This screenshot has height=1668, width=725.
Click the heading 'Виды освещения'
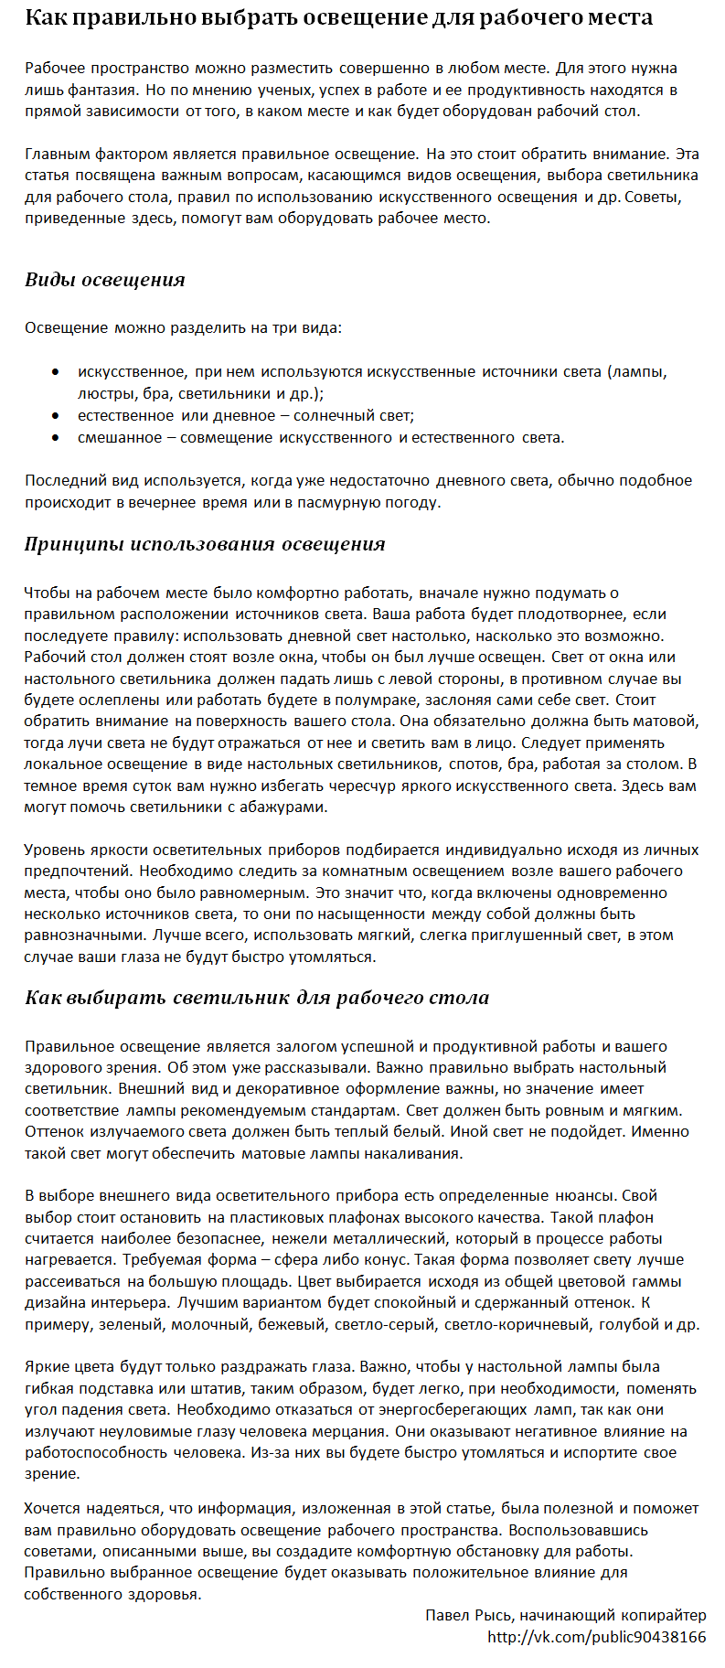point(105,281)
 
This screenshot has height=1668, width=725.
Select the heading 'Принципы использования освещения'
point(205,545)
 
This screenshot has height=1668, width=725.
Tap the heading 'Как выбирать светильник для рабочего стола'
point(257,998)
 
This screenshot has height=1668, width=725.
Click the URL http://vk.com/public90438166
point(596,1637)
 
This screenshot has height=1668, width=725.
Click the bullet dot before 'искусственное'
point(57,372)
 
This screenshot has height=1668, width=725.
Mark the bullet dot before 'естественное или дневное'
point(57,416)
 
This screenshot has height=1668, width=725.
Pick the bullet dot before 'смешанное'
point(57,438)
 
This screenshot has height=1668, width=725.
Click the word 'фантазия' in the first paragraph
point(107,91)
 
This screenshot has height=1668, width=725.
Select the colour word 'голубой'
point(627,1324)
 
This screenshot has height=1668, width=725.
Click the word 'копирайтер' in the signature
point(662,1615)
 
